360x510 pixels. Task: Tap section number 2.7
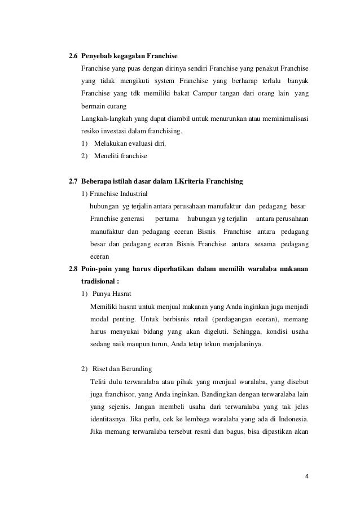click(73, 181)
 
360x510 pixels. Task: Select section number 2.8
click(73, 269)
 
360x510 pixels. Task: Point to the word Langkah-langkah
click(107, 119)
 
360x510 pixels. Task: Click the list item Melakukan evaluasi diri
click(126, 143)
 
